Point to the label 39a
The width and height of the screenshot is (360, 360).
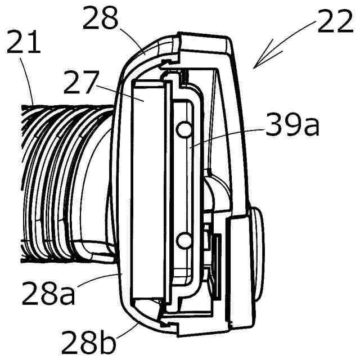click(x=292, y=128)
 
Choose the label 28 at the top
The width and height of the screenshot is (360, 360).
click(x=101, y=21)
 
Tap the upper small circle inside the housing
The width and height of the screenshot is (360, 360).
click(x=182, y=130)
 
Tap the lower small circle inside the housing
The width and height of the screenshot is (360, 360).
click(x=182, y=241)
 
